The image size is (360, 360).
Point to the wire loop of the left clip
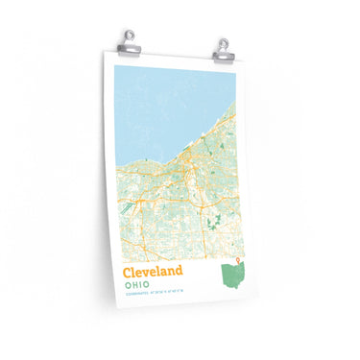[131, 36]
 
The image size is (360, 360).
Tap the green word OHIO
[136, 287]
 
